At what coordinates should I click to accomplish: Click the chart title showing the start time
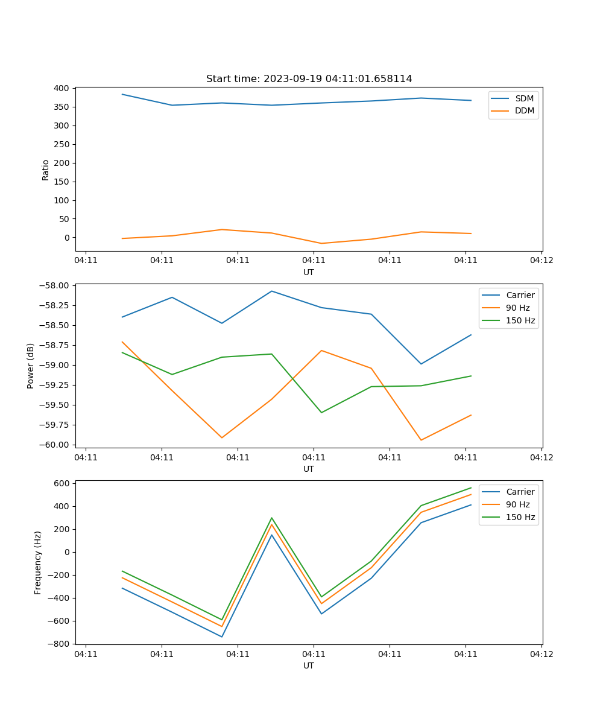(x=309, y=79)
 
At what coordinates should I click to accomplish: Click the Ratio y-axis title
(x=46, y=170)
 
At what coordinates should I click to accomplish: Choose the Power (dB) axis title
(x=31, y=366)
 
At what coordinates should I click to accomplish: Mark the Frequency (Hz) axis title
(x=38, y=562)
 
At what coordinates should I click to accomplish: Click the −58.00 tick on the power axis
(x=55, y=285)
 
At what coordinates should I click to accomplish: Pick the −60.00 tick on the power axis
(x=55, y=445)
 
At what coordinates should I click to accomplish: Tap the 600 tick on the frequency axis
(x=62, y=483)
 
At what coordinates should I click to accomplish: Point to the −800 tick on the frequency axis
(x=60, y=644)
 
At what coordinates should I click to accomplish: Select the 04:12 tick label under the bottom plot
(x=541, y=653)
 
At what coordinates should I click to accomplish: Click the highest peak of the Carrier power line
(x=271, y=291)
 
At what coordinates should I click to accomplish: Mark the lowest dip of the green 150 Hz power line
(x=321, y=413)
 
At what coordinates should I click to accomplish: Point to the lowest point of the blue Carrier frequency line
(x=222, y=637)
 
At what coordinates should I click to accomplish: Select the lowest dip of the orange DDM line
(x=321, y=243)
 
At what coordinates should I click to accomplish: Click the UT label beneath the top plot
(x=309, y=272)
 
